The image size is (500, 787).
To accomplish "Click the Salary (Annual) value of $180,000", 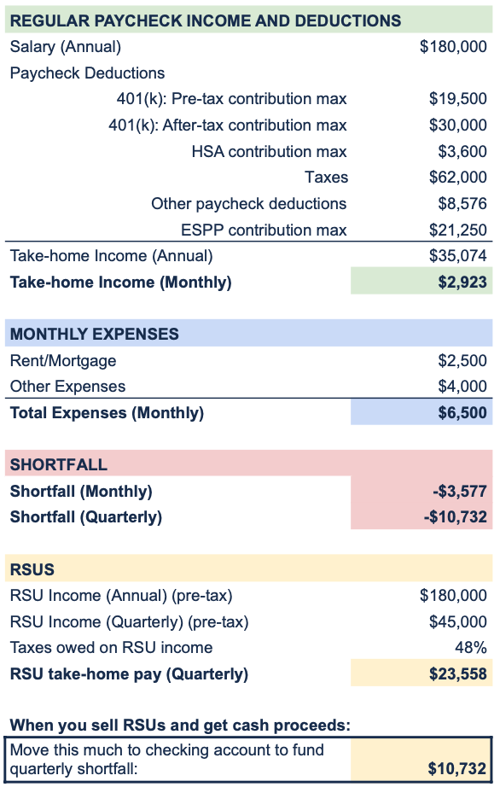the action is (x=453, y=47).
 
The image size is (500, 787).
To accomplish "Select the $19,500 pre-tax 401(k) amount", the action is (x=458, y=98).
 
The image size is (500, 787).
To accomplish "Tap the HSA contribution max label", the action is (x=270, y=151).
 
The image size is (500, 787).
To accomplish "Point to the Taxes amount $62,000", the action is (x=458, y=178).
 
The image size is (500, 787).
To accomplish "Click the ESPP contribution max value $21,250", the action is (x=458, y=230).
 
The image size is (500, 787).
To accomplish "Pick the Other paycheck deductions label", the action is (x=249, y=204).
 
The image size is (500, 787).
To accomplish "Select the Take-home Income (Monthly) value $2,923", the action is (x=462, y=282).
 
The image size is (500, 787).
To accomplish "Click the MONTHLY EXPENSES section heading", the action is (x=94, y=335).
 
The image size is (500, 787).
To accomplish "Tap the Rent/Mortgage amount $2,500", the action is (x=462, y=360).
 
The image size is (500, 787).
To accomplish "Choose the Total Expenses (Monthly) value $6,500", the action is (x=462, y=412).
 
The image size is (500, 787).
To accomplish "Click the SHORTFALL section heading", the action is (x=59, y=464).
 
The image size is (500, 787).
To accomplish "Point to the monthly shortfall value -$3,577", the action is (x=460, y=491).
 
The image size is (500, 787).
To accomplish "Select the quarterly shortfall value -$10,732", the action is (x=456, y=517).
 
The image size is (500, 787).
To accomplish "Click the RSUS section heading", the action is (x=32, y=569).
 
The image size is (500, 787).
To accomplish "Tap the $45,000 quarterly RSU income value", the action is (x=458, y=622).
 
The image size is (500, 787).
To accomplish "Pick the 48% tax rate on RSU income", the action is (x=471, y=648).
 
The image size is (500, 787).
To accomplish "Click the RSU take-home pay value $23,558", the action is (x=458, y=674).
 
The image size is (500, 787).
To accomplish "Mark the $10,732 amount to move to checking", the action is (x=457, y=768).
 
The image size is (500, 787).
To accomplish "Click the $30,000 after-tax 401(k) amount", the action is (x=458, y=125).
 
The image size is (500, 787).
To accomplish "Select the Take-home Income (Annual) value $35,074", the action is (x=458, y=256).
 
